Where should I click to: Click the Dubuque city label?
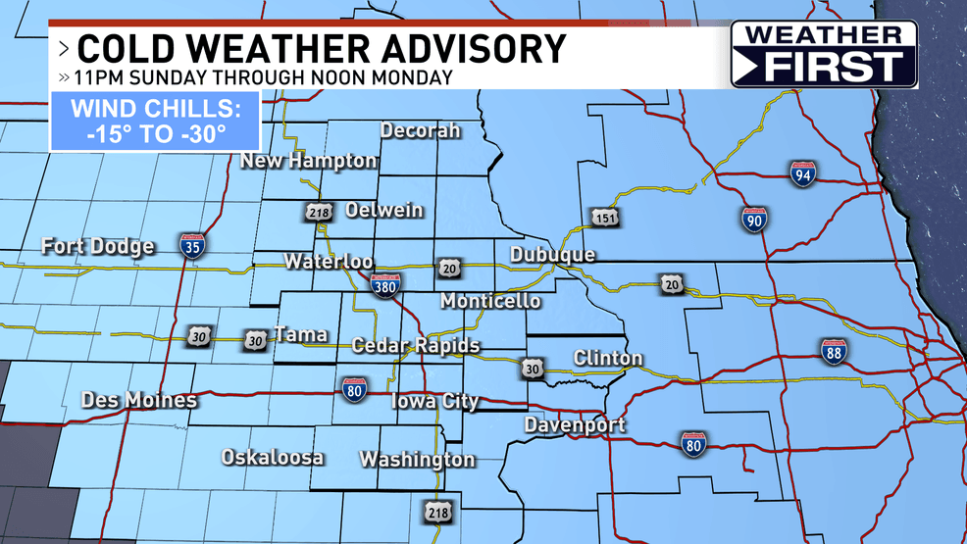552,255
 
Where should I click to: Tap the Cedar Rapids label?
416,345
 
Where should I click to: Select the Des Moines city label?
139,400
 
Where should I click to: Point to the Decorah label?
420,130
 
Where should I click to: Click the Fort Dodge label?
98,246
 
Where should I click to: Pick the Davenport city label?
575,425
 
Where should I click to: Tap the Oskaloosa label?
273,458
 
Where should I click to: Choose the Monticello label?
490,301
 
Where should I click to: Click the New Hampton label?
309,161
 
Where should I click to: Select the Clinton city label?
608,358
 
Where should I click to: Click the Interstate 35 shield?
192,245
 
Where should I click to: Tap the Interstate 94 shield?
802,175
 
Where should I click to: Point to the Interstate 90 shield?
754,218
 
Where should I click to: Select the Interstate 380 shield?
385,284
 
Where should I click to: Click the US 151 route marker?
604,218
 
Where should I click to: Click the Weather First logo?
824,55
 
